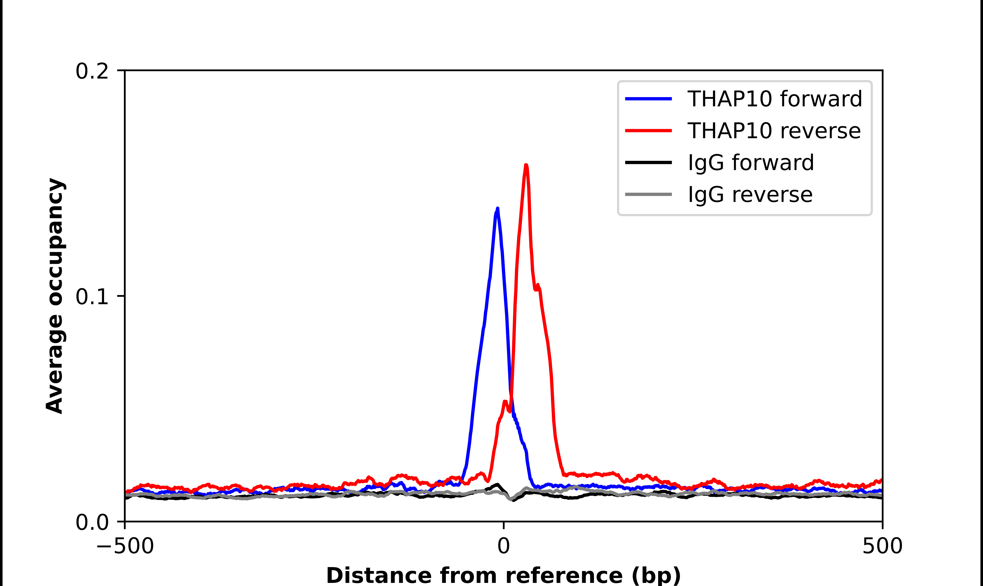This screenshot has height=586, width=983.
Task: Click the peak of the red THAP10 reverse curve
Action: [526, 165]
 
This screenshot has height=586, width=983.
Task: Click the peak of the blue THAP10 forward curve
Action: [497, 208]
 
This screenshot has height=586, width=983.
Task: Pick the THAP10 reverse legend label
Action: [774, 131]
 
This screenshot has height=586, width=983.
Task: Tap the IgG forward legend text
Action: [751, 163]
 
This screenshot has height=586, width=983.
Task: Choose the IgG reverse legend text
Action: [750, 194]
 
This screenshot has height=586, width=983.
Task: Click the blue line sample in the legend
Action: [648, 99]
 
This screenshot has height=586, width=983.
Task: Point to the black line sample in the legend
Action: [648, 162]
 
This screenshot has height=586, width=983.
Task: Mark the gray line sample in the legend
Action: [648, 194]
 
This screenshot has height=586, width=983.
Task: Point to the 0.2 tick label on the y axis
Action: [92, 71]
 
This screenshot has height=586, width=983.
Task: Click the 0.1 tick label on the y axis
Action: [92, 297]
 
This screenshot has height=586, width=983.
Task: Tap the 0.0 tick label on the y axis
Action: [92, 522]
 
